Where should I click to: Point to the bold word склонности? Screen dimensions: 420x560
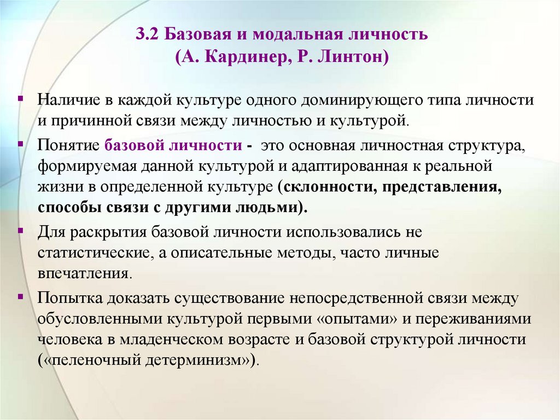click(x=324, y=187)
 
